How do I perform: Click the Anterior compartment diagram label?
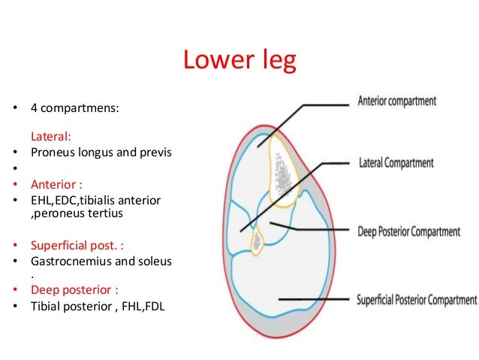(397, 101)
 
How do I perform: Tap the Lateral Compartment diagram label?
(396, 162)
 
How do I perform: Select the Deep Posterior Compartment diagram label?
(408, 231)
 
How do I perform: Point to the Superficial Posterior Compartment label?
(417, 299)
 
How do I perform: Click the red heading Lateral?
(50, 138)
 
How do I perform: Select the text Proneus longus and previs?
(101, 153)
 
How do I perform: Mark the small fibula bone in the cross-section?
(258, 241)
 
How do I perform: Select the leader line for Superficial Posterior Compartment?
(315, 298)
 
